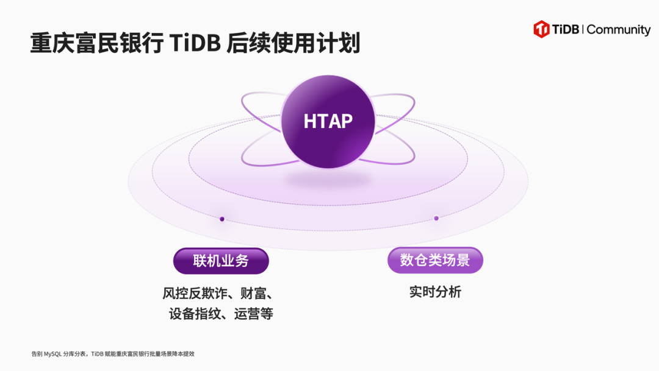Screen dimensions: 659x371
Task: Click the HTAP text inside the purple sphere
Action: tap(328, 121)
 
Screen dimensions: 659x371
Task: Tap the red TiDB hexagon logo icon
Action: tap(541, 29)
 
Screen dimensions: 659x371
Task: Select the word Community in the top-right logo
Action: tap(619, 30)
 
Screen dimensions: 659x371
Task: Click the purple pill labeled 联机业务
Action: tap(221, 261)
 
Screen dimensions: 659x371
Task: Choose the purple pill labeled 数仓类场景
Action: tap(435, 260)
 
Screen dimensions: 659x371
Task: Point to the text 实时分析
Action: tap(435, 292)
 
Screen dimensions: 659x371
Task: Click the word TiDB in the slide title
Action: tap(195, 43)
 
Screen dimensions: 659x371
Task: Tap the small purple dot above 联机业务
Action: tap(222, 219)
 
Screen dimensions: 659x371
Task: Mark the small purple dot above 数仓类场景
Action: tap(436, 218)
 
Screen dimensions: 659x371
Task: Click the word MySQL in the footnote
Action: tap(52, 354)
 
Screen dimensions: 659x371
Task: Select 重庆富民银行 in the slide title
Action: tap(97, 43)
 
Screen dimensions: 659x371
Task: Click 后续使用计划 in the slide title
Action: tap(293, 43)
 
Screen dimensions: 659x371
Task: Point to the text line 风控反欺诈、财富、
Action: tap(218, 294)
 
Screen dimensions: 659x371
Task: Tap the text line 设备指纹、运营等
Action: tap(221, 314)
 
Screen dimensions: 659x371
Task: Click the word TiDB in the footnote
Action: tap(97, 354)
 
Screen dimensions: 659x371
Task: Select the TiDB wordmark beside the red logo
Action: tap(566, 29)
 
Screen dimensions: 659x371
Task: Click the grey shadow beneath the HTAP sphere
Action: tap(328, 180)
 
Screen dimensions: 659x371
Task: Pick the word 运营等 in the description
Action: tap(254, 314)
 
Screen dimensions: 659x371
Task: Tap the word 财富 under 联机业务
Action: tap(253, 294)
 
